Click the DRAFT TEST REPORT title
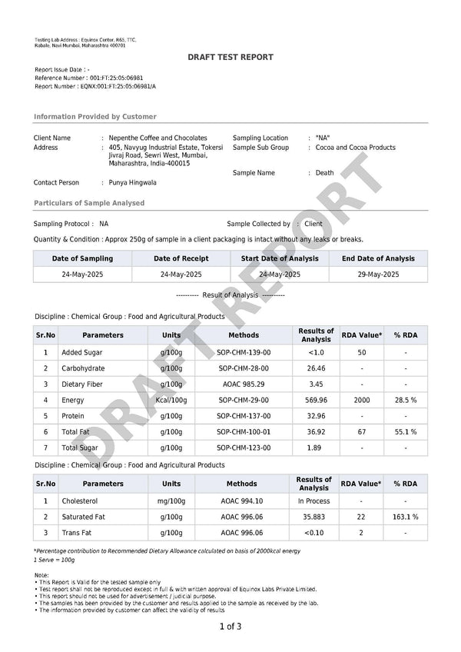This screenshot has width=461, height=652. click(x=230, y=58)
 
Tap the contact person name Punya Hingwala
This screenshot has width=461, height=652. click(x=133, y=183)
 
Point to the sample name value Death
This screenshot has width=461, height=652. click(x=324, y=173)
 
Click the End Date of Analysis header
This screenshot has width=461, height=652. click(x=378, y=258)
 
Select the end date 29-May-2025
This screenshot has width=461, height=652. click(x=378, y=274)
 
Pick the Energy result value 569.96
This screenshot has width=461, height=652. click(x=316, y=400)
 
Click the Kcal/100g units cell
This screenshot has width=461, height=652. click(x=171, y=400)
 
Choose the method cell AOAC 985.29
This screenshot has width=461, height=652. click(x=242, y=384)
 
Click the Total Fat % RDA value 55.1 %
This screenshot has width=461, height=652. click(x=405, y=432)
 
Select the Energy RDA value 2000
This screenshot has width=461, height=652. click(x=361, y=400)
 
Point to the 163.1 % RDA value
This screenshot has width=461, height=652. click(x=405, y=517)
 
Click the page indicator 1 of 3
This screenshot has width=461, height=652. click(x=230, y=627)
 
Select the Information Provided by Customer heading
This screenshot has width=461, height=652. click(x=95, y=117)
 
